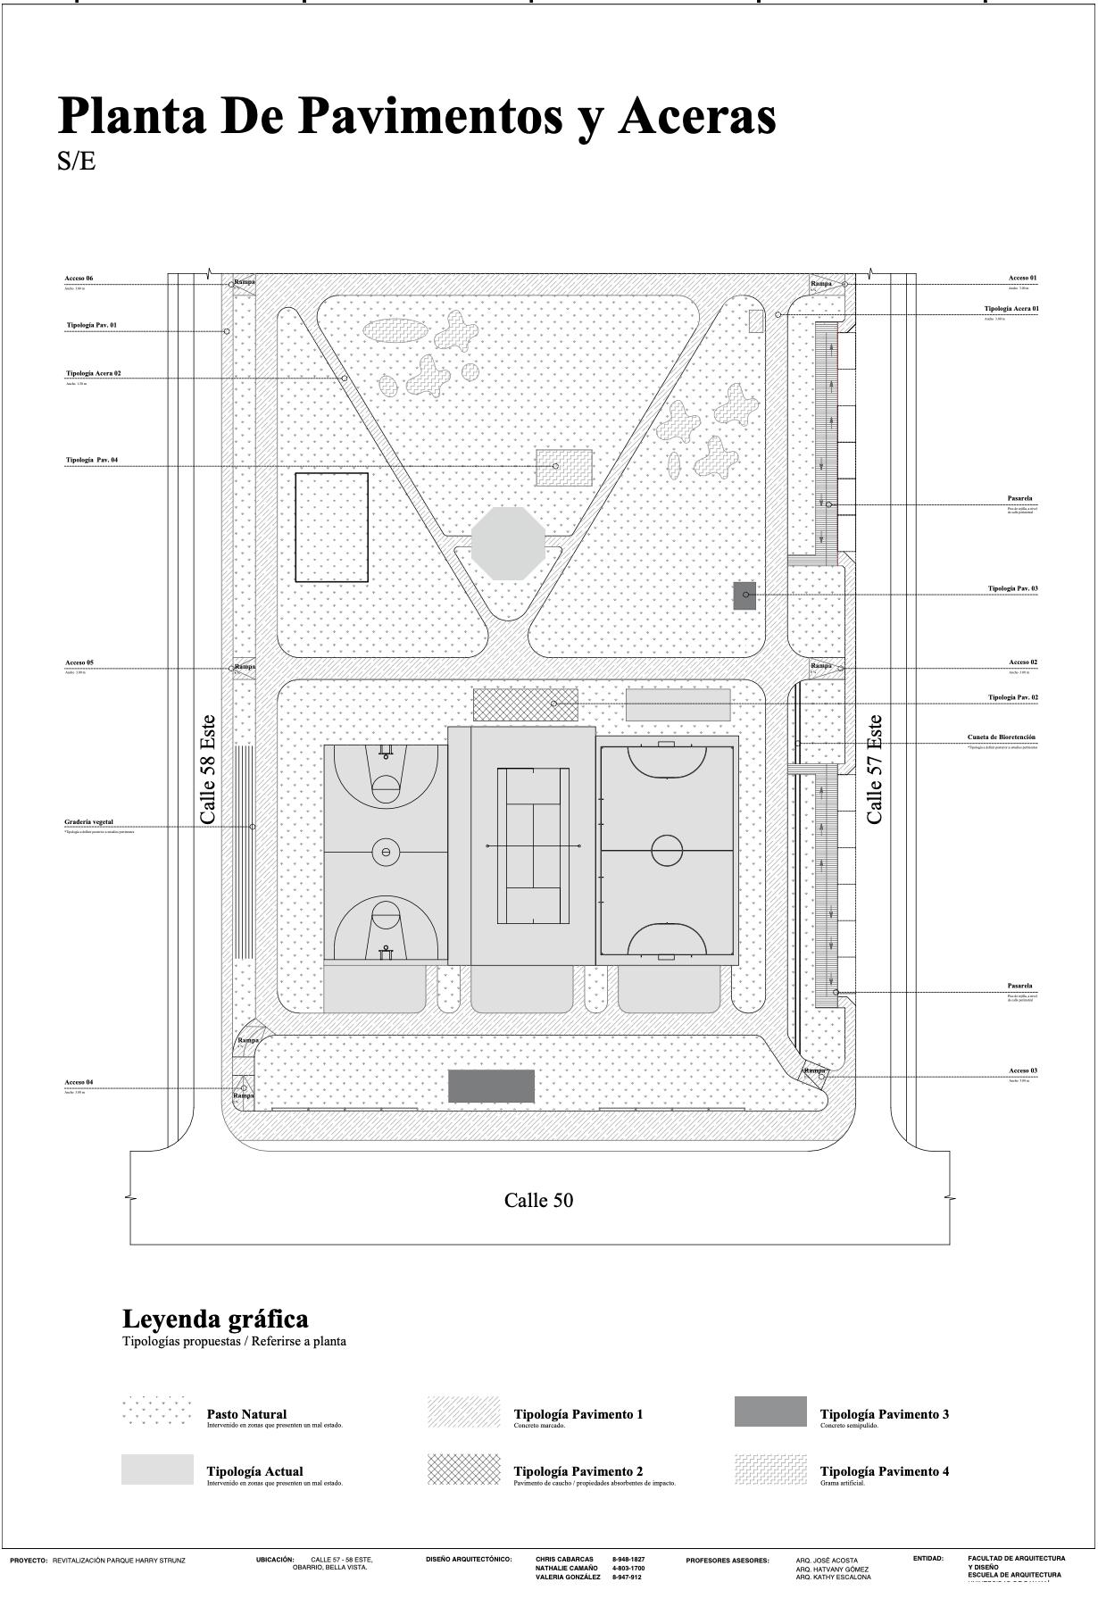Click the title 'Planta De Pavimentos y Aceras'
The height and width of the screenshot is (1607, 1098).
click(417, 116)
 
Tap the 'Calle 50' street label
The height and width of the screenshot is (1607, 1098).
click(538, 1200)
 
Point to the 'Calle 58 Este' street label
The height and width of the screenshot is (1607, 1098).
click(208, 769)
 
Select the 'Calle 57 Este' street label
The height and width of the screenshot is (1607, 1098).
click(875, 769)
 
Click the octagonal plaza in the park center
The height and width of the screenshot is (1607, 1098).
click(508, 543)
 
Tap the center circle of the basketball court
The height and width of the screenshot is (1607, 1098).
click(386, 852)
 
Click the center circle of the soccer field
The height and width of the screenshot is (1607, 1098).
click(667, 850)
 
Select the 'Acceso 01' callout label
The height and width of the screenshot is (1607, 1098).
click(1023, 279)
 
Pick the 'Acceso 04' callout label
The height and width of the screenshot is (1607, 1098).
click(79, 1082)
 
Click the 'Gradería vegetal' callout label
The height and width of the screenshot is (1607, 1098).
click(89, 822)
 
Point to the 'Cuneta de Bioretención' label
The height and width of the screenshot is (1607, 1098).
click(1002, 737)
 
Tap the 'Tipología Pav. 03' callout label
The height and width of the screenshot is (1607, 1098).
click(1012, 589)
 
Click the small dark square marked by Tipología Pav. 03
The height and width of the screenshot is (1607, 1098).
click(744, 595)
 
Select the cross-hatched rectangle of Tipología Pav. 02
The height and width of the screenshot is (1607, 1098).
click(525, 704)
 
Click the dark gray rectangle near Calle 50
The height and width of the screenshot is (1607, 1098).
click(491, 1087)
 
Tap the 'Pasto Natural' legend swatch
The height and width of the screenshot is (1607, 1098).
click(157, 1411)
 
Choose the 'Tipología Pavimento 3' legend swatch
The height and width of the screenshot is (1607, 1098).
click(770, 1411)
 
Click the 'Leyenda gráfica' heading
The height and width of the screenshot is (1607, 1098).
click(215, 1319)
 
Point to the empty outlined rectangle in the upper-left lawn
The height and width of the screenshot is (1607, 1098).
click(331, 528)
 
